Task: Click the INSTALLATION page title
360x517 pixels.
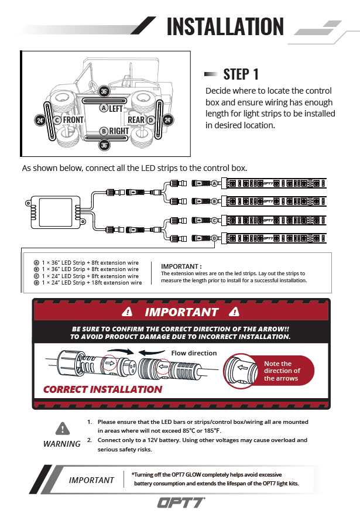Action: point(225,27)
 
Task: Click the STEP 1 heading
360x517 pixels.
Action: point(241,74)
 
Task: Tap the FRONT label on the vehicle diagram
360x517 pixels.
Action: point(73,120)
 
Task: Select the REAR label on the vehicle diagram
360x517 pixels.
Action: point(136,120)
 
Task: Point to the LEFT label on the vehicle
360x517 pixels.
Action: point(115,108)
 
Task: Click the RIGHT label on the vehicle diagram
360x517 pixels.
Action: point(119,131)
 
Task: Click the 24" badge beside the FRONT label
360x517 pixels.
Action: point(40,120)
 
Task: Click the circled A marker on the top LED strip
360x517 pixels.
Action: point(215,184)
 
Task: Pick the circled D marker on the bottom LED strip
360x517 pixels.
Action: point(215,238)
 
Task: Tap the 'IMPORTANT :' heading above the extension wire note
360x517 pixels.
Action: point(181,266)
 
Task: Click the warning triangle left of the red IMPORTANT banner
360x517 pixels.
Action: point(128,312)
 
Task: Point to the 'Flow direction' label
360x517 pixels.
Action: point(194,353)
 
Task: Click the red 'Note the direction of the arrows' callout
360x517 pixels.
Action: point(282,371)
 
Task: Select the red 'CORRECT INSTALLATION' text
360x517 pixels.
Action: point(102,389)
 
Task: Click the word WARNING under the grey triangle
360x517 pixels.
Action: point(62,444)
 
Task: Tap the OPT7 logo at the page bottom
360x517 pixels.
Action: point(180,502)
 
